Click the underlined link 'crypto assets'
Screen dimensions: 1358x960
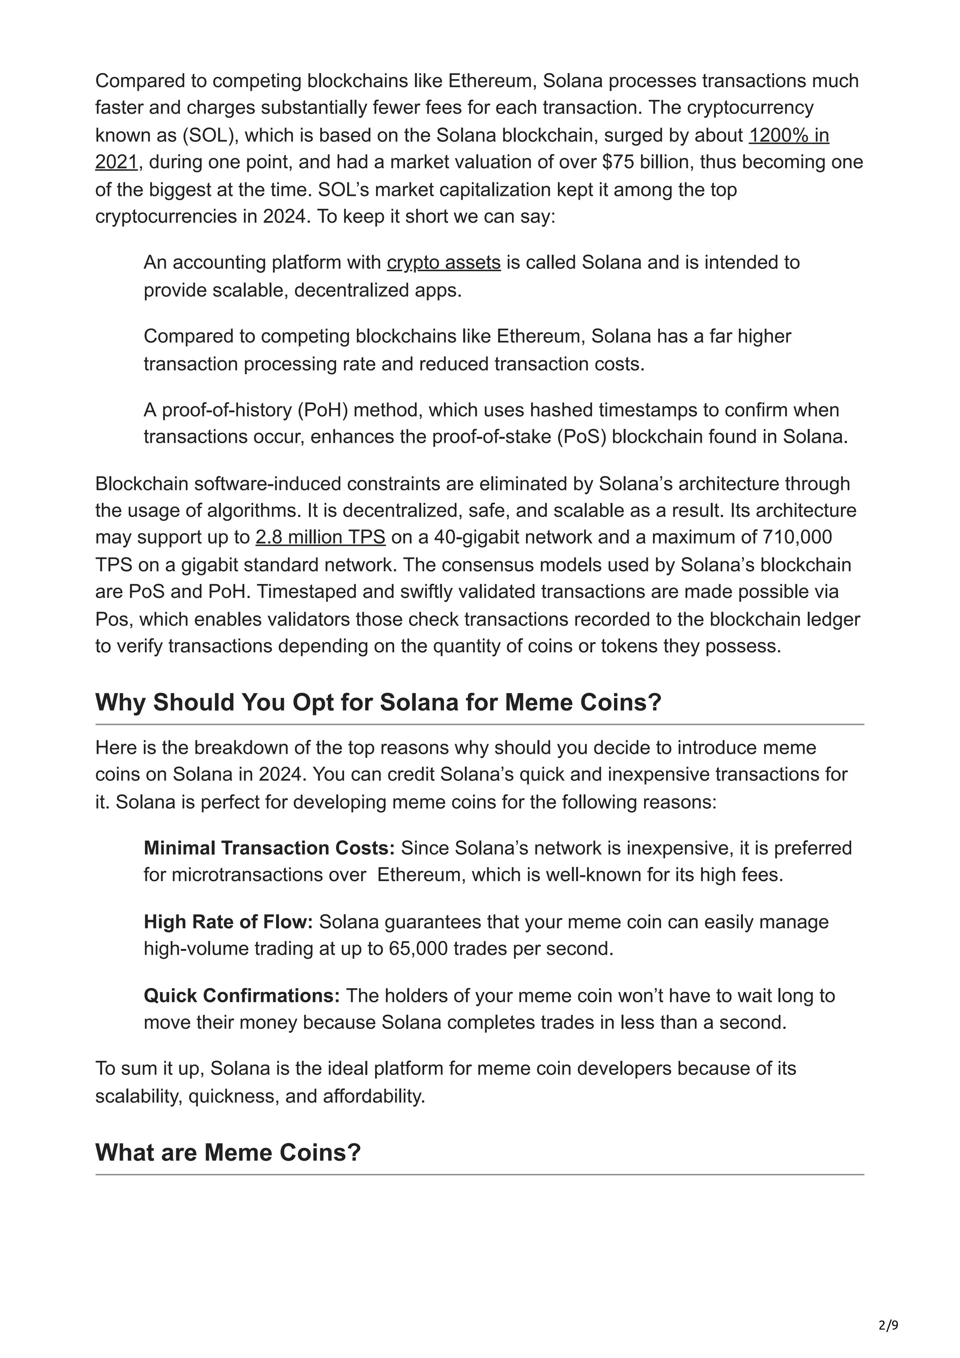[443, 262]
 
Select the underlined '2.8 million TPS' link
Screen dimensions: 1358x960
[320, 537]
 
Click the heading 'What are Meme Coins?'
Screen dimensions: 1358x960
[228, 1152]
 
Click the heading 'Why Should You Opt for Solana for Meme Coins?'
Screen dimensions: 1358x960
[378, 702]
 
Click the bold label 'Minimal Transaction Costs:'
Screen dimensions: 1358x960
[269, 848]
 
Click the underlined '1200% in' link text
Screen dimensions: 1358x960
[788, 135]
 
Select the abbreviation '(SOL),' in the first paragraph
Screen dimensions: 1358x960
[210, 135]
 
